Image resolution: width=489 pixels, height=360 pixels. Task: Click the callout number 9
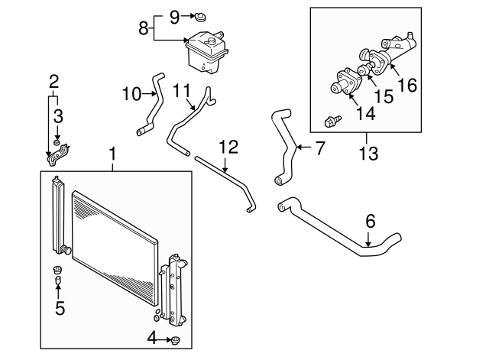(175, 17)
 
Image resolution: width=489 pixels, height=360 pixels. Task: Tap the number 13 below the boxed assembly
(368, 153)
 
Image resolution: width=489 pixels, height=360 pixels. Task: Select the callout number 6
(370, 221)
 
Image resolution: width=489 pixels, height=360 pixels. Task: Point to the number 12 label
(228, 147)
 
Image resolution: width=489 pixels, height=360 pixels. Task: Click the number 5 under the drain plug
(60, 307)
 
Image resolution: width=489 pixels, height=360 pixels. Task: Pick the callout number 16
(407, 85)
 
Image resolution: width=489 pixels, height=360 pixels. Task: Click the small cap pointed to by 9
(200, 17)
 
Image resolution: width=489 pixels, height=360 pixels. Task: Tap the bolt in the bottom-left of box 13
(332, 121)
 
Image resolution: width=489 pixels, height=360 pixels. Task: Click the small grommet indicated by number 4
(176, 340)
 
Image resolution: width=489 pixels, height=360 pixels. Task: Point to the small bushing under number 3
(57, 143)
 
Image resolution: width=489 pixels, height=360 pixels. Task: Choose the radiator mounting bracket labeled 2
(58, 154)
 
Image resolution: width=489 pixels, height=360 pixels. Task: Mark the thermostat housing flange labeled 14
(346, 83)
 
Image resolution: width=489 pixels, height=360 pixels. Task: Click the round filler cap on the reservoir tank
(211, 41)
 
